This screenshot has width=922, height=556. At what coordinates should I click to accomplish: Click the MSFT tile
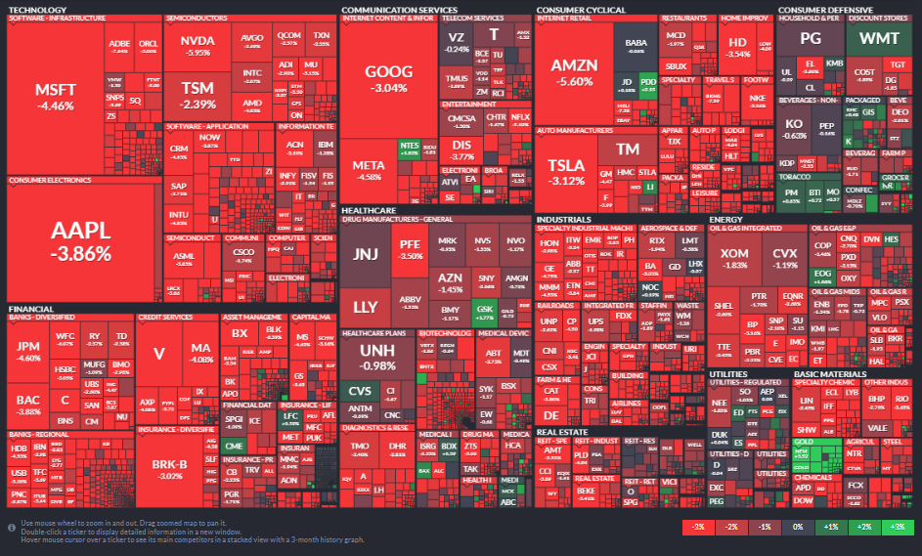55,96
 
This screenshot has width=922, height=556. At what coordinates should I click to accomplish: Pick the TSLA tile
565,171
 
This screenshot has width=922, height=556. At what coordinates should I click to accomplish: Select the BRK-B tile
176,469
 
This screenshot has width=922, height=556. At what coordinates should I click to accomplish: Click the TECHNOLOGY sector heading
37,10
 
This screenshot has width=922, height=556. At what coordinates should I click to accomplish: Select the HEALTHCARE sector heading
369,210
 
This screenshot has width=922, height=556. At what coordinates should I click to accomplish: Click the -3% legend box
698,527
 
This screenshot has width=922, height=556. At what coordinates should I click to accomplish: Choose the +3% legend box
893,527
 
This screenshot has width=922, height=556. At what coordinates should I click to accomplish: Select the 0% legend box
797,527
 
